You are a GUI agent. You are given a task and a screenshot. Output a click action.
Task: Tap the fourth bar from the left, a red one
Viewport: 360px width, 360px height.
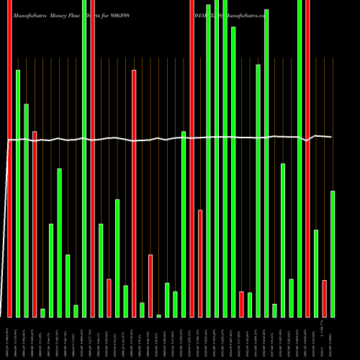pos(35,223)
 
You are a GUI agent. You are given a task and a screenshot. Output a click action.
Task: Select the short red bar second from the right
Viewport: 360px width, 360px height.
pos(324,298)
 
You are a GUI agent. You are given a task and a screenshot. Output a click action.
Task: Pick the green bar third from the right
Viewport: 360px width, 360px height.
pos(316,273)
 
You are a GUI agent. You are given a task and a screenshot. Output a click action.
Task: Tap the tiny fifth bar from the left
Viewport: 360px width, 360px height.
pos(42,312)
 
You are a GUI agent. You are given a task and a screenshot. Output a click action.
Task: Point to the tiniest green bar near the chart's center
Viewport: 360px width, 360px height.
pos(158,315)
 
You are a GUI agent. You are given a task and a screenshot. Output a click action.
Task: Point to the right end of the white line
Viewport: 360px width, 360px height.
pos(332,137)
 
